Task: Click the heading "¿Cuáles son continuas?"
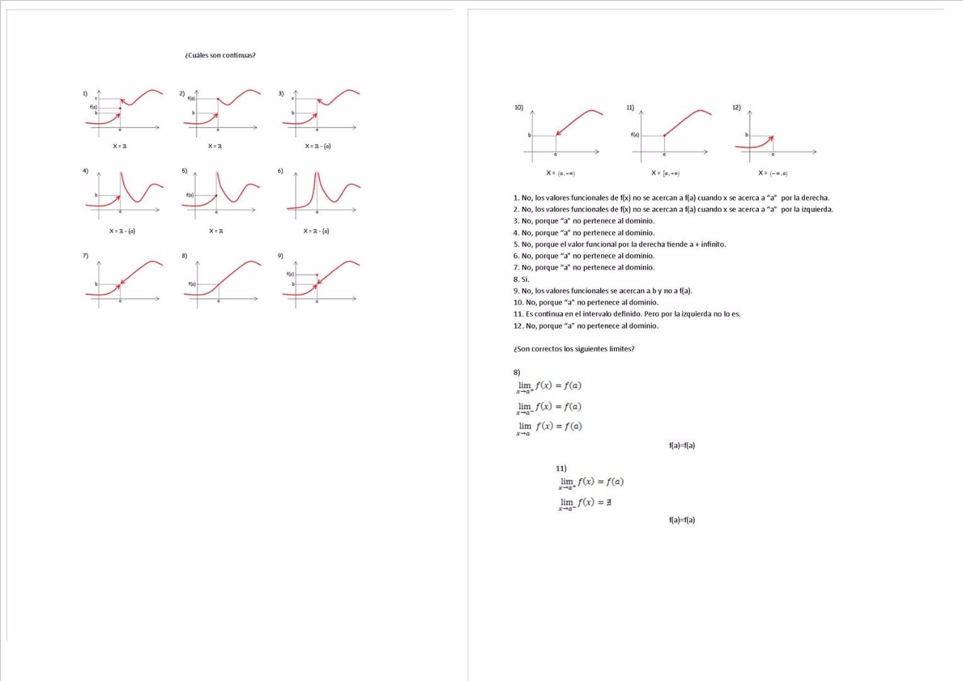pos(220,55)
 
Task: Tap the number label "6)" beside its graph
pos(280,171)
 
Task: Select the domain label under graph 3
pos(318,146)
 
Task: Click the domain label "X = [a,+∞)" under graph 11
pos(665,173)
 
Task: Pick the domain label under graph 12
pos(773,173)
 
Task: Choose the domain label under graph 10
pos(560,173)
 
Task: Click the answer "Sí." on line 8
pos(525,279)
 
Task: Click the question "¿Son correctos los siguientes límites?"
pos(574,349)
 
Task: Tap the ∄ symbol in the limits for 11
pos(609,503)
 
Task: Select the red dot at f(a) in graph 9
pos(316,275)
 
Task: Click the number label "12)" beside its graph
pos(736,108)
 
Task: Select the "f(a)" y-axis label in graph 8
pos(192,284)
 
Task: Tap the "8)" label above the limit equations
pos(517,373)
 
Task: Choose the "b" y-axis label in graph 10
pos(529,136)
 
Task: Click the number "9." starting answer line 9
pos(516,291)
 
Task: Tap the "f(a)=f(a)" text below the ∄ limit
pos(681,520)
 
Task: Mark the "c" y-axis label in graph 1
pos(96,98)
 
